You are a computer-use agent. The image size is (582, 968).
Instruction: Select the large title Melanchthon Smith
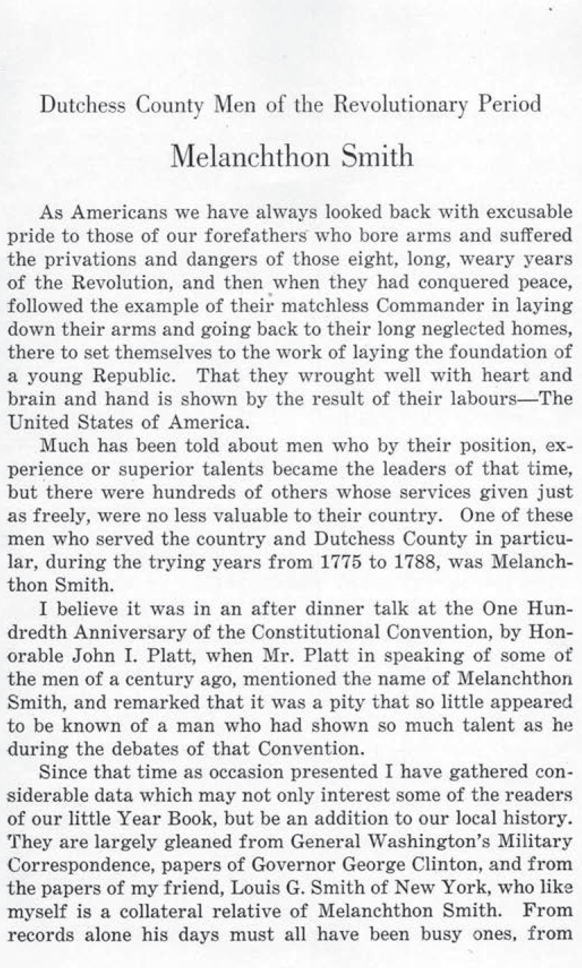[292, 157]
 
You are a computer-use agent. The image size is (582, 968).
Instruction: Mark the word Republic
[138, 376]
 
